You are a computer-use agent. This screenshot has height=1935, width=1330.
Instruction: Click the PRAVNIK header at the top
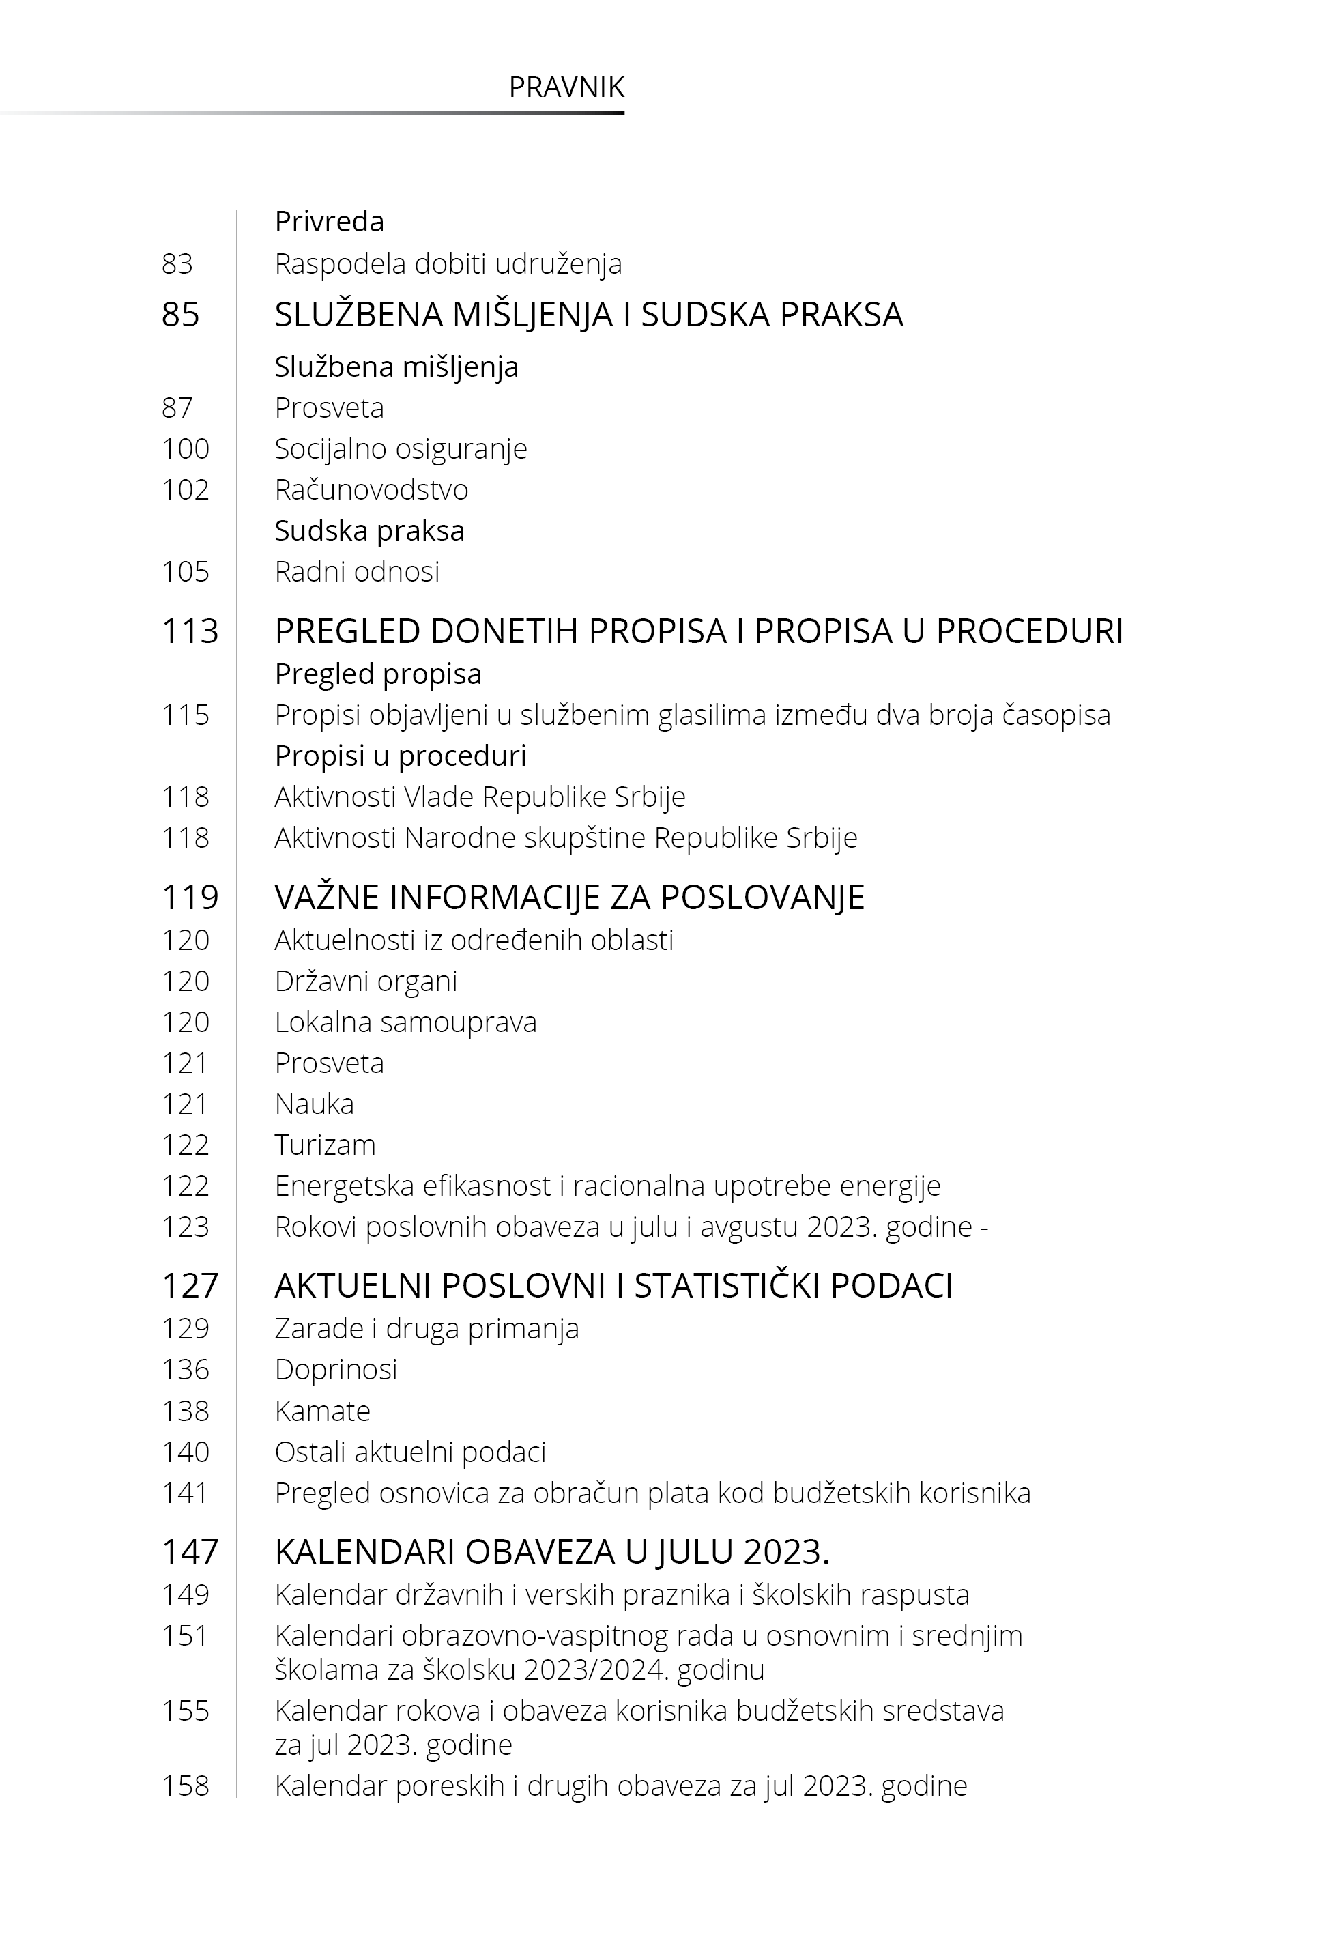566,87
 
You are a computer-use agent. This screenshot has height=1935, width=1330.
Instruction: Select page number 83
177,264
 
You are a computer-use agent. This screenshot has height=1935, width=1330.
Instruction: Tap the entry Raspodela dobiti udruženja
448,264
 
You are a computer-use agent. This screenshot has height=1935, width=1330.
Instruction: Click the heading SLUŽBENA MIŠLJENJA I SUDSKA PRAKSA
588,315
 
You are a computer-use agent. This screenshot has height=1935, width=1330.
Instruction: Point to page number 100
185,449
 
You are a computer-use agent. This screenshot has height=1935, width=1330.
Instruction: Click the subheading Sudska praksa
369,531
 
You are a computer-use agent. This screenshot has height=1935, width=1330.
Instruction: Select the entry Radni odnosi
357,572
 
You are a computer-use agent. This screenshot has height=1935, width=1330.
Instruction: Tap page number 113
189,631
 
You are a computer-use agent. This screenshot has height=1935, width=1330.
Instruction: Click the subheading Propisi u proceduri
400,756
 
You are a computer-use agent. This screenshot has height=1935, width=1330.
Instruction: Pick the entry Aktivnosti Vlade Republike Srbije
479,797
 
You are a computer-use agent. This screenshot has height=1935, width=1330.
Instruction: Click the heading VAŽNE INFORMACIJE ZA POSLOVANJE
569,898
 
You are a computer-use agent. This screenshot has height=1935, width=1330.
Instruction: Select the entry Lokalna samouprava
405,1022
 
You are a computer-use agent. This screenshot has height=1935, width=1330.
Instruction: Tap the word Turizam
325,1145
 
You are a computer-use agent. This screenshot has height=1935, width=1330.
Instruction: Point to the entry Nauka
314,1104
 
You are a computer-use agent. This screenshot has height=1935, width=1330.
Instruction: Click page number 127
189,1286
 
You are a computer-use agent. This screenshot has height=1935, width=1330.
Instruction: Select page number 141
185,1493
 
